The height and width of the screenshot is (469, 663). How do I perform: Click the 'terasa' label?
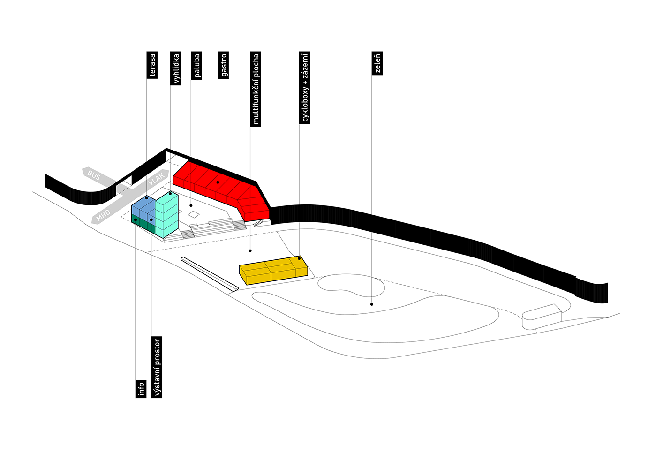click(x=152, y=65)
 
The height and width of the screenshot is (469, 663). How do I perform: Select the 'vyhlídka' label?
click(x=176, y=68)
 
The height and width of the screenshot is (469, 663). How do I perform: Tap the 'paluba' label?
click(x=197, y=65)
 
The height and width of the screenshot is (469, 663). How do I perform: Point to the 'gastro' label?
click(x=224, y=65)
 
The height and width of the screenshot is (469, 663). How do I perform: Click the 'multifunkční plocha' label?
click(x=256, y=89)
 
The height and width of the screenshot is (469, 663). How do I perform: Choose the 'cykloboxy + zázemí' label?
click(x=305, y=88)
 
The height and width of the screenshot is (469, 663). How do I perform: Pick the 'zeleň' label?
click(x=377, y=63)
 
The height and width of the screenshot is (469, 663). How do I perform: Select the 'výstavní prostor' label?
click(x=157, y=367)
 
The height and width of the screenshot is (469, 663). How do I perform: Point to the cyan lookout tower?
click(x=167, y=213)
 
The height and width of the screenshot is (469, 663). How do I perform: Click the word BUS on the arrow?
click(x=94, y=175)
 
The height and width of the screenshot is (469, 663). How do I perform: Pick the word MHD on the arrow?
click(x=103, y=216)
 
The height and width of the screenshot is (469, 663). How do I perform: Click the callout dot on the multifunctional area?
click(x=250, y=250)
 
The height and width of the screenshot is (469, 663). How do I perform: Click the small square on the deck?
click(x=194, y=214)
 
